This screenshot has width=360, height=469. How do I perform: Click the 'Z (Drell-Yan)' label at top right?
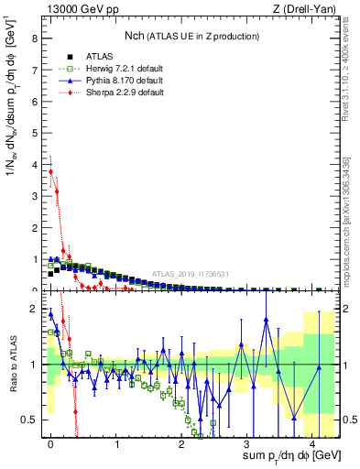click(301, 9)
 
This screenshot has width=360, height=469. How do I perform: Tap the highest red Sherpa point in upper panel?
click(50, 171)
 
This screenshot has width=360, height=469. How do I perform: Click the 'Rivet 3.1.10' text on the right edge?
click(349, 64)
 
